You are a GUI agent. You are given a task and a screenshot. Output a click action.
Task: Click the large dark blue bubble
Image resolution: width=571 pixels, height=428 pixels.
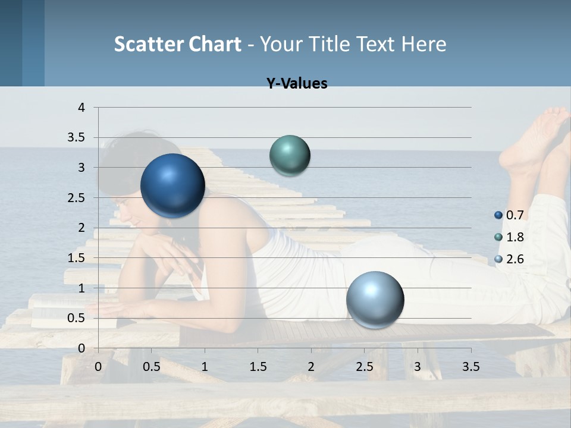[x=172, y=185]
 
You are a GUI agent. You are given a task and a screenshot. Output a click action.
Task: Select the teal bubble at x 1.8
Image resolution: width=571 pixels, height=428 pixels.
[x=290, y=155]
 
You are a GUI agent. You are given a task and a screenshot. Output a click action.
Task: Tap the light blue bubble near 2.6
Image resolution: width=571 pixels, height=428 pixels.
[x=375, y=300]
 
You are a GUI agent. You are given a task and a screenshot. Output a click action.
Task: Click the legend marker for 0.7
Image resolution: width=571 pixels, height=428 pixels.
[x=498, y=215]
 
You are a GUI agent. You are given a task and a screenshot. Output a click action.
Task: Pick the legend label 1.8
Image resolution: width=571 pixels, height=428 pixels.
[x=514, y=237]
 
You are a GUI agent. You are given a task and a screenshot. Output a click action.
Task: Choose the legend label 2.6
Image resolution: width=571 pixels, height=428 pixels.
[x=514, y=259]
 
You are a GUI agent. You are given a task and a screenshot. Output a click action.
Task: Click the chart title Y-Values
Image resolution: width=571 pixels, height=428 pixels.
[x=297, y=84]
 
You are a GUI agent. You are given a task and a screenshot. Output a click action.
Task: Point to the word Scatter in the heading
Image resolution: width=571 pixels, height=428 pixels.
[x=149, y=44]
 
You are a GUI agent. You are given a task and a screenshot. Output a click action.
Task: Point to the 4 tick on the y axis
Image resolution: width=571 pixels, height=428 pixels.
[x=82, y=108]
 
